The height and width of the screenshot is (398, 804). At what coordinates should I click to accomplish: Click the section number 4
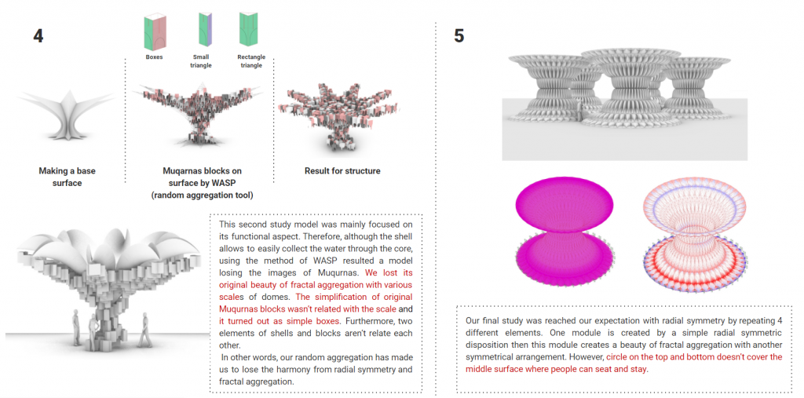pos(38,35)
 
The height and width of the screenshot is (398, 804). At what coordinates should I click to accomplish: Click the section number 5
pos(460,35)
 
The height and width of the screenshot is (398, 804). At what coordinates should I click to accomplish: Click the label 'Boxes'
pos(155,57)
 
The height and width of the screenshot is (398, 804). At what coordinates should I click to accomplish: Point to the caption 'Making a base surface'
pos(67,177)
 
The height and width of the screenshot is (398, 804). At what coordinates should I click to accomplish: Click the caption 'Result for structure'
pos(342,170)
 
